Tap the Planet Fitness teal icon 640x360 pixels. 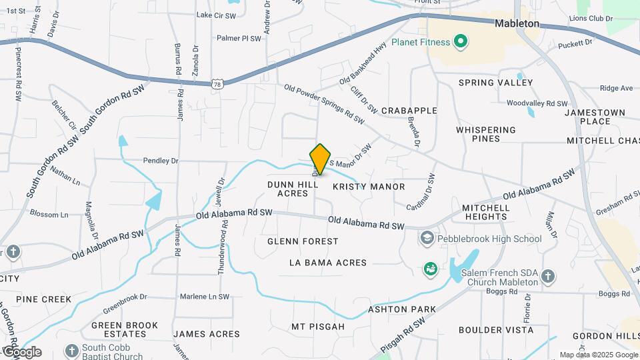point(459,43)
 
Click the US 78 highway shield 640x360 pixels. point(217,84)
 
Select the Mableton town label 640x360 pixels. point(517,23)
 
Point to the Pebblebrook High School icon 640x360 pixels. point(427,238)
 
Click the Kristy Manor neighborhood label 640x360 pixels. point(368,187)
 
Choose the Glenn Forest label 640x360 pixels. point(303,241)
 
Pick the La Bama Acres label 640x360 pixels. point(328,263)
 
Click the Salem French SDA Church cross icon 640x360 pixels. point(548,275)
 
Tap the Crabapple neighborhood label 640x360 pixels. point(409,111)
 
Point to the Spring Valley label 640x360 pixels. point(495,83)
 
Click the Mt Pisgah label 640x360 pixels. point(317,327)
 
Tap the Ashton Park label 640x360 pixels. point(402,309)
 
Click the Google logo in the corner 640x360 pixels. point(21,351)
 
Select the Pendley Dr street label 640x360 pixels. point(161,161)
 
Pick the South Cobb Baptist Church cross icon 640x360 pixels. point(71,351)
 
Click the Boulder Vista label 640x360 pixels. point(496,329)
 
